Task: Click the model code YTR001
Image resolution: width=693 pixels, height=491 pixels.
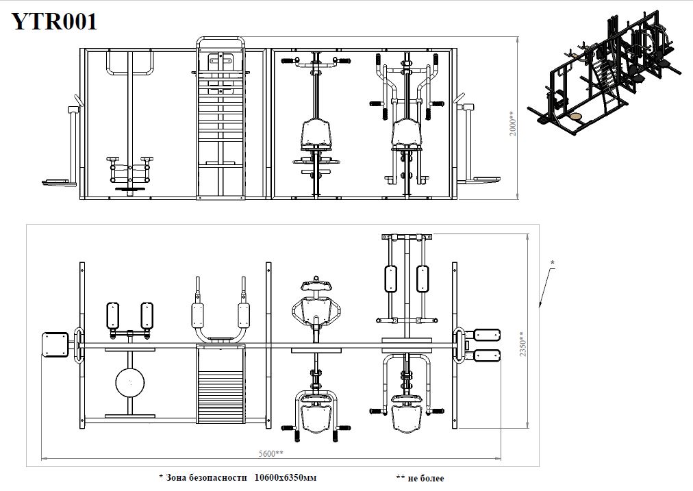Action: tap(54, 22)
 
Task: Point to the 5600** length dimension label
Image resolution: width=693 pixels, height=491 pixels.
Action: tap(271, 453)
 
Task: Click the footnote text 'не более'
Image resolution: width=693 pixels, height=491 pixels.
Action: tap(426, 478)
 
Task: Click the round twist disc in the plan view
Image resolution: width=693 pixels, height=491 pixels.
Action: tap(130, 382)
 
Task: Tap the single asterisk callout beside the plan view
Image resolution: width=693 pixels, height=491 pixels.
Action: tap(552, 264)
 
